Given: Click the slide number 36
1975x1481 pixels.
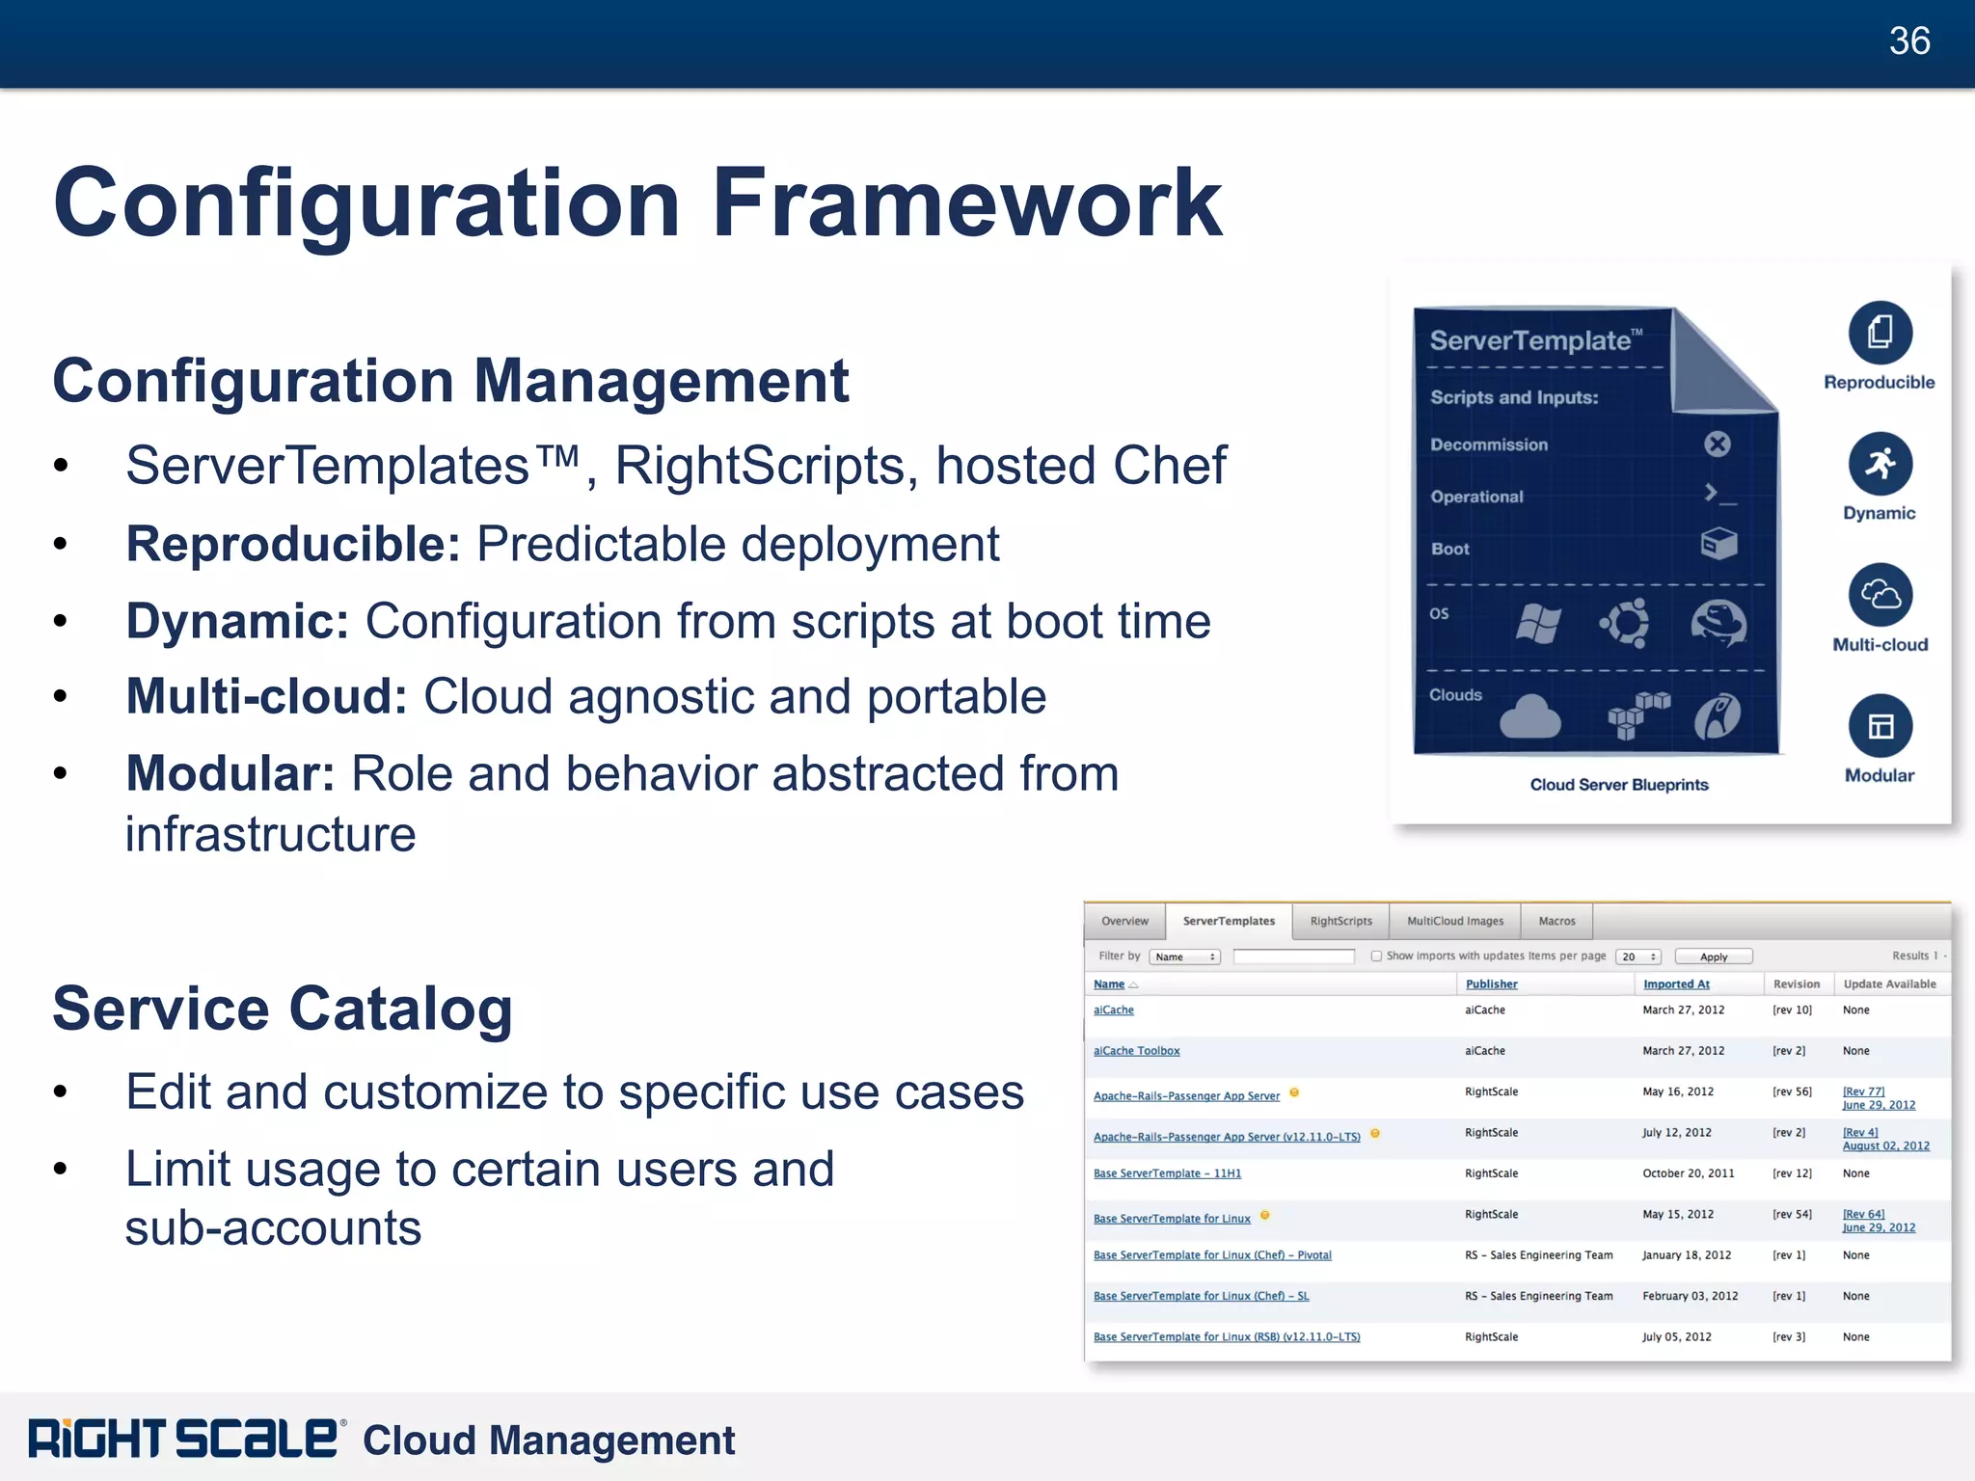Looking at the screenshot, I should click(1908, 41).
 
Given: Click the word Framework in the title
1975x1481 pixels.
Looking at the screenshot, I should click(966, 203).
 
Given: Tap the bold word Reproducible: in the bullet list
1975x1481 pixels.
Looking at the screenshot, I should click(293, 545).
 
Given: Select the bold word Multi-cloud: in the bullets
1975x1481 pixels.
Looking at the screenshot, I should click(267, 697).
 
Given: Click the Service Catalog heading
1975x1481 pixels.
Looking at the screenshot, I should click(282, 1009).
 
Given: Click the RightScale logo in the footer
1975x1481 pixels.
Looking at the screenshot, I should click(183, 1439).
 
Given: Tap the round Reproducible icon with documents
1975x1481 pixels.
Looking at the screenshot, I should click(1880, 333).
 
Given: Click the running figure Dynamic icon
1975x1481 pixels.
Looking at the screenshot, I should click(1880, 464).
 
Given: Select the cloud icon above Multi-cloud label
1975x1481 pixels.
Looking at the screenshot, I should click(1880, 595).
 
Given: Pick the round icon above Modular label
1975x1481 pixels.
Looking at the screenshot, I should click(1880, 726).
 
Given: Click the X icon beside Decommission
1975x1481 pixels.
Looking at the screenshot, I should click(1717, 444).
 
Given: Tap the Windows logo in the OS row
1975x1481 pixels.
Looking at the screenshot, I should click(1538, 624).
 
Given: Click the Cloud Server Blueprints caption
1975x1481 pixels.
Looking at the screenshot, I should click(1618, 785).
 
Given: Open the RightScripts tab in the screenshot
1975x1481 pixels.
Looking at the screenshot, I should click(1340, 921).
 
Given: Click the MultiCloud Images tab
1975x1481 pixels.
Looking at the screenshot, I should click(1454, 921).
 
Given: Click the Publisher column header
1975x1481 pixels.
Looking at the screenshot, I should click(1491, 984).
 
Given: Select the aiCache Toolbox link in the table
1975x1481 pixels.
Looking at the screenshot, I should click(1136, 1051).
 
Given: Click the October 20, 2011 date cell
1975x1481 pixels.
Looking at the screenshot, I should click(1688, 1173).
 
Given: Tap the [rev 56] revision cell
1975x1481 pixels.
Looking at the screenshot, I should click(1792, 1092).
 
